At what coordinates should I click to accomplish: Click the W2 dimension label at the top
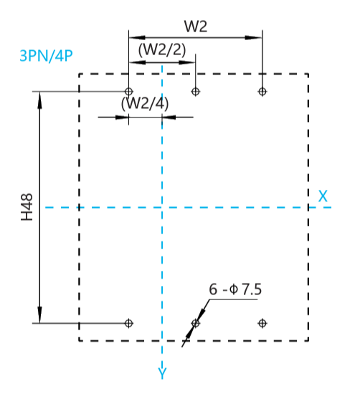tap(196, 26)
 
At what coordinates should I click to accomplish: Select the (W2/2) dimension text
tap(162, 49)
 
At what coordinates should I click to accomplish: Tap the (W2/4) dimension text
tap(145, 103)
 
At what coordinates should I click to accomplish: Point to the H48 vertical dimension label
tap(27, 207)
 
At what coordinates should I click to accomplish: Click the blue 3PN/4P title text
tap(47, 56)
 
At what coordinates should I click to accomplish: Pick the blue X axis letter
tap(323, 196)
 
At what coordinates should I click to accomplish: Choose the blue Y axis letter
tap(162, 373)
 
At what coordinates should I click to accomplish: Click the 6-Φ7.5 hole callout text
tap(235, 289)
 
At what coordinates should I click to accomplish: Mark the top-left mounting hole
tap(129, 91)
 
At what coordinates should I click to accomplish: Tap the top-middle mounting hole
tap(196, 91)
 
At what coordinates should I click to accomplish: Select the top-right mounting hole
tap(262, 91)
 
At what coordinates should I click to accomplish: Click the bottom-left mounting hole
tap(129, 323)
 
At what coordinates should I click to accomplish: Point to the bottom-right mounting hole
tap(262, 323)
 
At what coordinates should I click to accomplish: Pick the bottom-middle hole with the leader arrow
tap(196, 323)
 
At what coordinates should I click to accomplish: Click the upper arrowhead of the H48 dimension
tap(39, 100)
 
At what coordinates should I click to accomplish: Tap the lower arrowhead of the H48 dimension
tap(39, 314)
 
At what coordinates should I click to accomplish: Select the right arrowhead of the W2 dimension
tap(254, 38)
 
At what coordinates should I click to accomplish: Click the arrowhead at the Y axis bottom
tap(162, 365)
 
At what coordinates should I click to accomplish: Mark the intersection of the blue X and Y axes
tap(162, 208)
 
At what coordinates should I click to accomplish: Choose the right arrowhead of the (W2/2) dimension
tap(187, 62)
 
